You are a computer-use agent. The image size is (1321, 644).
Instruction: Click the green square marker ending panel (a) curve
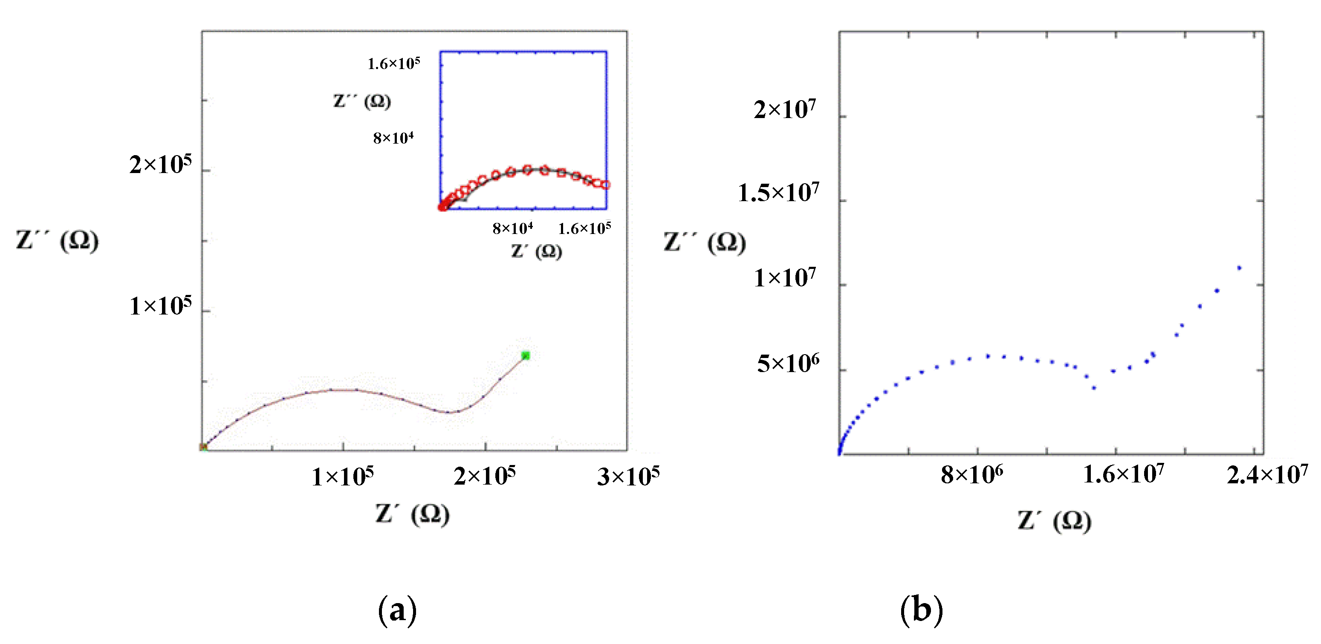tap(525, 355)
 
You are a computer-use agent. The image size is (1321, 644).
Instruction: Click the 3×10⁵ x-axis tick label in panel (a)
tap(628, 477)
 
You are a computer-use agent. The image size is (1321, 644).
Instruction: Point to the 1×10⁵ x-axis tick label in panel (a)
tap(343, 477)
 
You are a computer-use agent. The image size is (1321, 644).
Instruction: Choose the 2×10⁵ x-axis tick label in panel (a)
tap(485, 477)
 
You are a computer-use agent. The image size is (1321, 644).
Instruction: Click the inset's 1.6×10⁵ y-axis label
tap(394, 64)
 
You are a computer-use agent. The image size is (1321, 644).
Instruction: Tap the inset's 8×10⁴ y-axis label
tap(393, 138)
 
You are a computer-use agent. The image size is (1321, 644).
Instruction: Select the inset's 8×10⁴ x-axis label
tap(513, 228)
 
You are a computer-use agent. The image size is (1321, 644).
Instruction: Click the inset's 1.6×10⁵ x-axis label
tap(584, 228)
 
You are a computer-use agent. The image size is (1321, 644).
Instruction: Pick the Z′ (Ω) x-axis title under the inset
tap(536, 251)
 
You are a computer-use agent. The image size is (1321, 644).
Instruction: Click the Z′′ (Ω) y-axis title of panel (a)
tap(57, 240)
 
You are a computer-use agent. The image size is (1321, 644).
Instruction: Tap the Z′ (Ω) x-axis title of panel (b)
tap(1054, 521)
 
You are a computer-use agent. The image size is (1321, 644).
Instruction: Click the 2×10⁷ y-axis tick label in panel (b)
tap(785, 110)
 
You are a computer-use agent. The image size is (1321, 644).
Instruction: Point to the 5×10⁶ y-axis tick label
tap(788, 364)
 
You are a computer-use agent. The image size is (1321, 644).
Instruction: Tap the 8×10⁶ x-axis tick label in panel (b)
tap(972, 475)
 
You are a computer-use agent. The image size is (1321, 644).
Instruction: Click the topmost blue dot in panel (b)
tap(1239, 268)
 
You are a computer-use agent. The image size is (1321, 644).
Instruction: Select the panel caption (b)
tap(922, 609)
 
